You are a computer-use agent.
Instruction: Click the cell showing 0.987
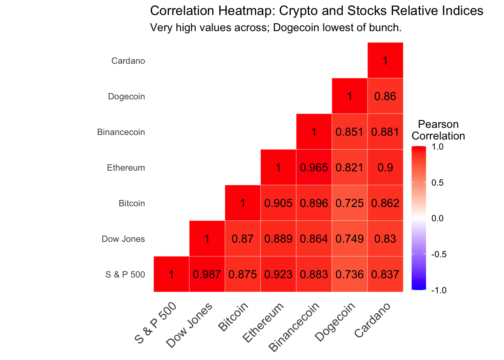coord(207,274)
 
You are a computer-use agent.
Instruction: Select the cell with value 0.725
coord(349,203)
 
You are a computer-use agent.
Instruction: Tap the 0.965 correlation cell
coord(314,168)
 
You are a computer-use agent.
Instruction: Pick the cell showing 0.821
coord(349,168)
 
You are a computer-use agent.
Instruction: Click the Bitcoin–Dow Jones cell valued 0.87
coord(243,239)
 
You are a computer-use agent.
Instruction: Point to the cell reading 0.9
coord(385,168)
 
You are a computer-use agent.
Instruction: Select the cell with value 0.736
coord(349,274)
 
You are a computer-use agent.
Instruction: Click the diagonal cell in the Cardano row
coord(385,60)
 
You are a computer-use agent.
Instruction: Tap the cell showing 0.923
coord(278,274)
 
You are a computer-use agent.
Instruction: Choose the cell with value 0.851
coord(349,132)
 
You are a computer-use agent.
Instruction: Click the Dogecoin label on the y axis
coord(126,96)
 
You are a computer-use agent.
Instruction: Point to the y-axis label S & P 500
coord(125,274)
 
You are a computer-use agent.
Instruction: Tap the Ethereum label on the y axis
coord(126,168)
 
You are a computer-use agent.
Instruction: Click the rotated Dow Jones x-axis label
coord(190,324)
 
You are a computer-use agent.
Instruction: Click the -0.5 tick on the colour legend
coord(439,254)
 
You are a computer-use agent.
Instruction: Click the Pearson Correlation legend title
coord(438,130)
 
